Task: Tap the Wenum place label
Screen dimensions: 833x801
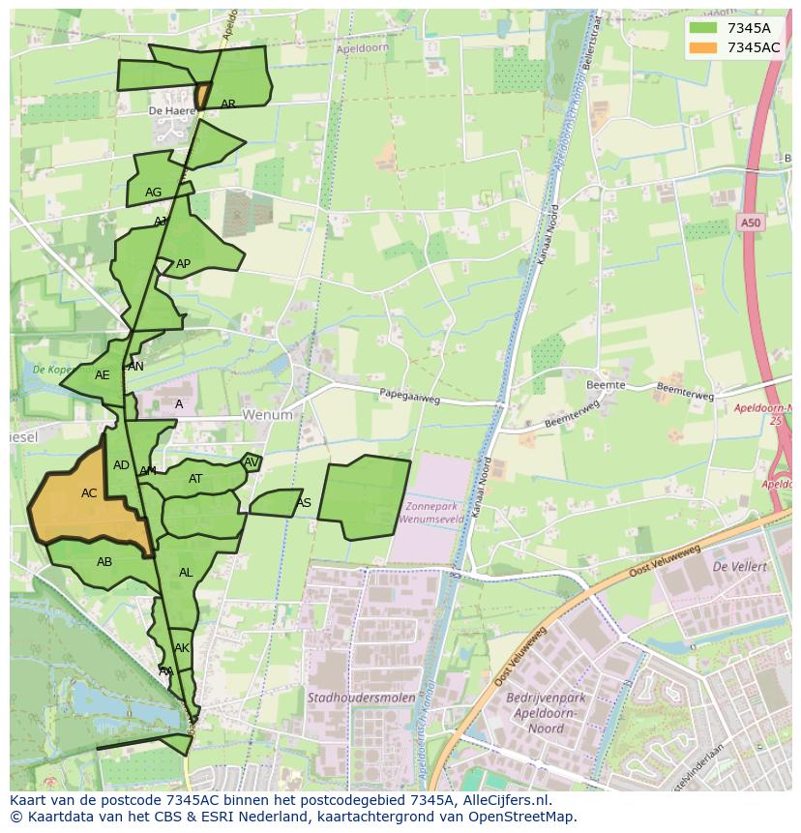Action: click(x=267, y=415)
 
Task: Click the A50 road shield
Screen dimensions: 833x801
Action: click(x=751, y=223)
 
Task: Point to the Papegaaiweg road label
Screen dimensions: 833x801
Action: click(x=409, y=395)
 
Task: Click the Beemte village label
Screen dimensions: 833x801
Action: click(x=606, y=385)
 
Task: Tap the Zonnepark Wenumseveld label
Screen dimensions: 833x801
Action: click(x=435, y=513)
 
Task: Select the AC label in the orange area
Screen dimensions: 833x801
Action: click(x=89, y=493)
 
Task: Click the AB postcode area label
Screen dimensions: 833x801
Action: click(x=104, y=562)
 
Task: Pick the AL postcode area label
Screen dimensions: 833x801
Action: click(x=186, y=573)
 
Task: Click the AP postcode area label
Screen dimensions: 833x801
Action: click(x=183, y=264)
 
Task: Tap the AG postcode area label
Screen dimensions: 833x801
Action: click(x=153, y=193)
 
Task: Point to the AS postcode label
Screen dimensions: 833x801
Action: click(x=304, y=503)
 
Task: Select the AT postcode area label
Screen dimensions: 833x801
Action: click(x=195, y=479)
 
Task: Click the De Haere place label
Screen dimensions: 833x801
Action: click(x=166, y=111)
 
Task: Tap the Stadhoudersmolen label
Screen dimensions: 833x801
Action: click(x=361, y=698)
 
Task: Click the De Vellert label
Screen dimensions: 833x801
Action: click(x=739, y=566)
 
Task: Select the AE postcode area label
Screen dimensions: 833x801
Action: click(x=102, y=375)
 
